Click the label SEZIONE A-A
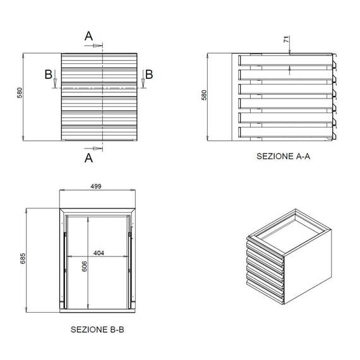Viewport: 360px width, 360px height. pyautogui.click(x=284, y=157)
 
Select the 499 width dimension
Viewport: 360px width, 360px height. pyautogui.click(x=97, y=186)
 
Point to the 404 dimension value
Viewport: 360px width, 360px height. pyautogui.click(x=98, y=253)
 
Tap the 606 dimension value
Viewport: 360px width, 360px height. pyautogui.click(x=85, y=267)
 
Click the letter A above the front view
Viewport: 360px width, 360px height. pyautogui.click(x=89, y=37)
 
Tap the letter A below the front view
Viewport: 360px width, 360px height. pyautogui.click(x=89, y=158)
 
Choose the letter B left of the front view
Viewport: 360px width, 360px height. pyautogui.click(x=49, y=75)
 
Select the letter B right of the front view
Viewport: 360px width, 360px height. pyautogui.click(x=149, y=75)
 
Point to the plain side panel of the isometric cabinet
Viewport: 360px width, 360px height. pyautogui.click(x=309, y=265)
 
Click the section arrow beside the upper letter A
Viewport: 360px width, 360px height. pyautogui.click(x=97, y=45)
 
